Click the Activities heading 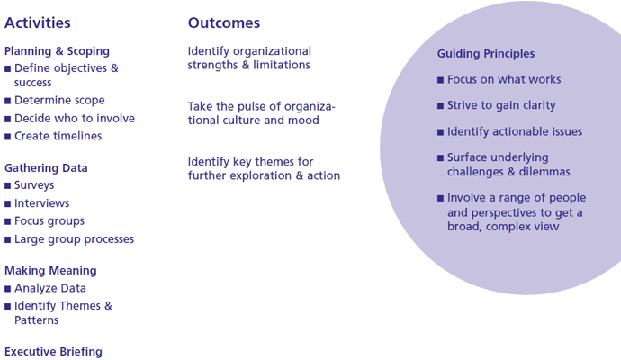(38, 23)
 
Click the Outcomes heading (224, 23)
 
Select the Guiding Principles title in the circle (486, 54)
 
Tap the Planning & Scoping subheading (57, 51)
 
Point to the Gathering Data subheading (46, 168)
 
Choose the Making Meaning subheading (50, 271)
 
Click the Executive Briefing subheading (53, 352)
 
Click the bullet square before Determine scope (7, 101)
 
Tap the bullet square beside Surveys (7, 185)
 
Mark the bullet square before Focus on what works (440, 80)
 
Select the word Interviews (42, 203)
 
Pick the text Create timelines (58, 136)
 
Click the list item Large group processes (75, 239)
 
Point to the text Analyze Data (50, 288)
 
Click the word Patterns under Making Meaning (36, 320)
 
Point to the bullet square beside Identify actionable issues (440, 132)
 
